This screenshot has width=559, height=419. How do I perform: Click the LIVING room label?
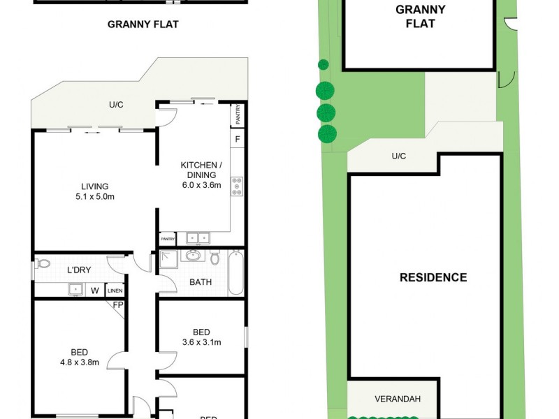pos(94,186)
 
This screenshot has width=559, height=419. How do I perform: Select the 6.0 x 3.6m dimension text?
pos(201,185)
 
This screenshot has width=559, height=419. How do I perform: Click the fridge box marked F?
pos(238,138)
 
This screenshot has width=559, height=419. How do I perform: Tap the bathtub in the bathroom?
pos(235,273)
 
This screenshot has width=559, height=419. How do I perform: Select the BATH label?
pos(201,283)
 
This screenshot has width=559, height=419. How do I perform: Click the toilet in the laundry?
pos(43,264)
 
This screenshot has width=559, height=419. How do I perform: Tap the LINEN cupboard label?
pos(115,291)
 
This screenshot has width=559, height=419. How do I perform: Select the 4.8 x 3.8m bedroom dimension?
pos(78,362)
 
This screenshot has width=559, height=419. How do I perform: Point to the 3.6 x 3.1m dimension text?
pos(201,342)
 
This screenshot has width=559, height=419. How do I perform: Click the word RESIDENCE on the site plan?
pos(433,277)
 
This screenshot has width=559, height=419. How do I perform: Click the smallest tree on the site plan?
pos(323,65)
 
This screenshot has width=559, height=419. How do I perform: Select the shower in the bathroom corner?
pos(168,259)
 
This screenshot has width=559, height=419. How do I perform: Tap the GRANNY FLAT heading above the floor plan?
pos(143,24)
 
